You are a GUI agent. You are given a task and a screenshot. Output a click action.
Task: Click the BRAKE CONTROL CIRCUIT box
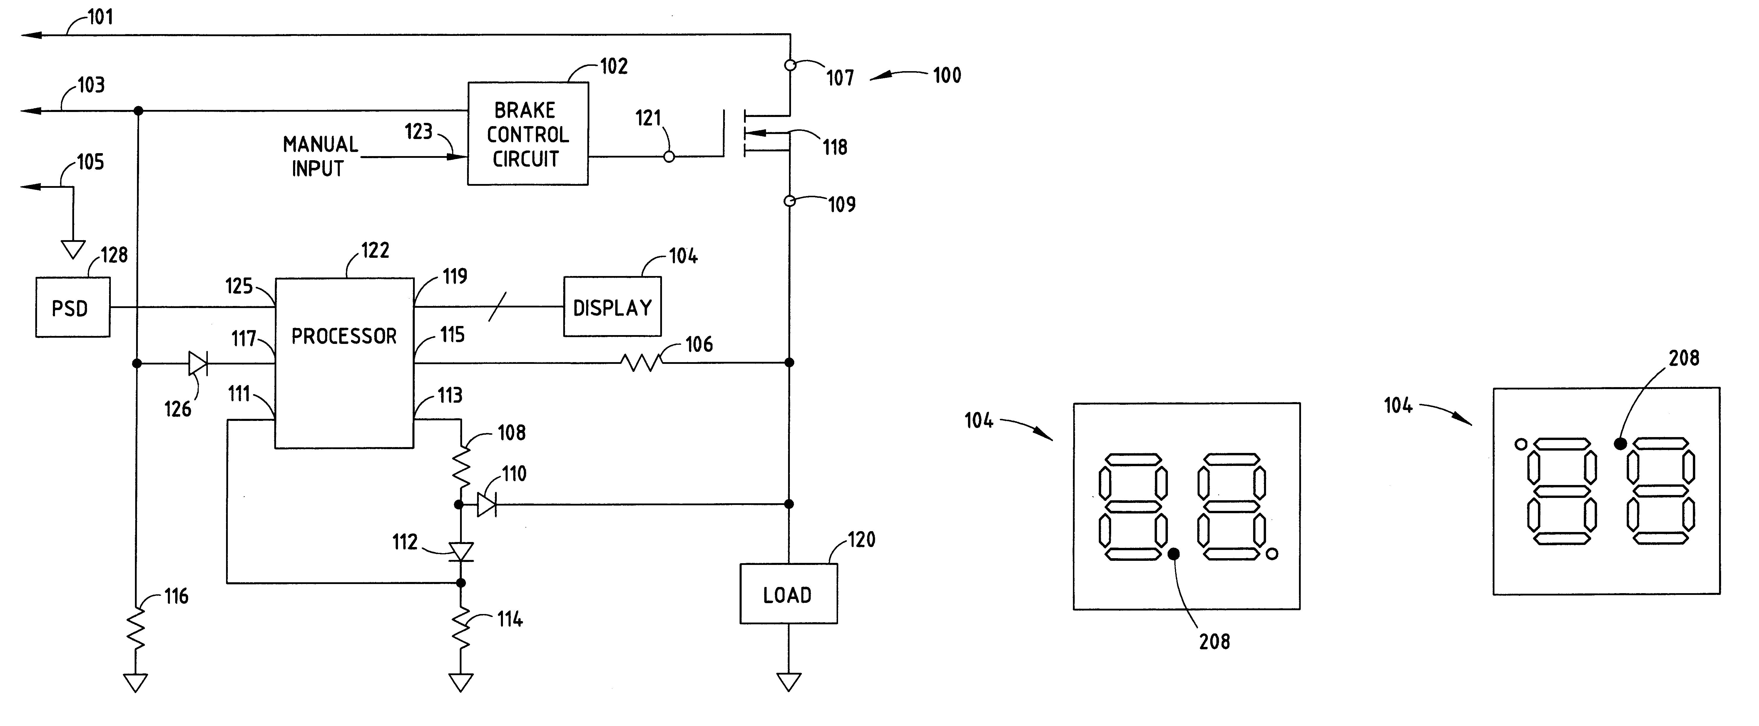[x=527, y=134]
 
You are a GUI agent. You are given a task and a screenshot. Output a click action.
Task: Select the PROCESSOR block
[x=344, y=363]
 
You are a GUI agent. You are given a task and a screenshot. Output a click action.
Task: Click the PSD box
[x=72, y=307]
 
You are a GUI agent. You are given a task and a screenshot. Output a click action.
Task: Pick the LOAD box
[x=788, y=593]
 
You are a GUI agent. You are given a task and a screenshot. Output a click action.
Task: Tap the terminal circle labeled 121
[x=669, y=156]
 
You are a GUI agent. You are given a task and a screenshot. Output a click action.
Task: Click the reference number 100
[x=947, y=75]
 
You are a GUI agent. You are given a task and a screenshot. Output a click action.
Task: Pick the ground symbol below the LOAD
[x=789, y=681]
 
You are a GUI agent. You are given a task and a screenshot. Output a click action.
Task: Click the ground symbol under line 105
[x=73, y=249]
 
